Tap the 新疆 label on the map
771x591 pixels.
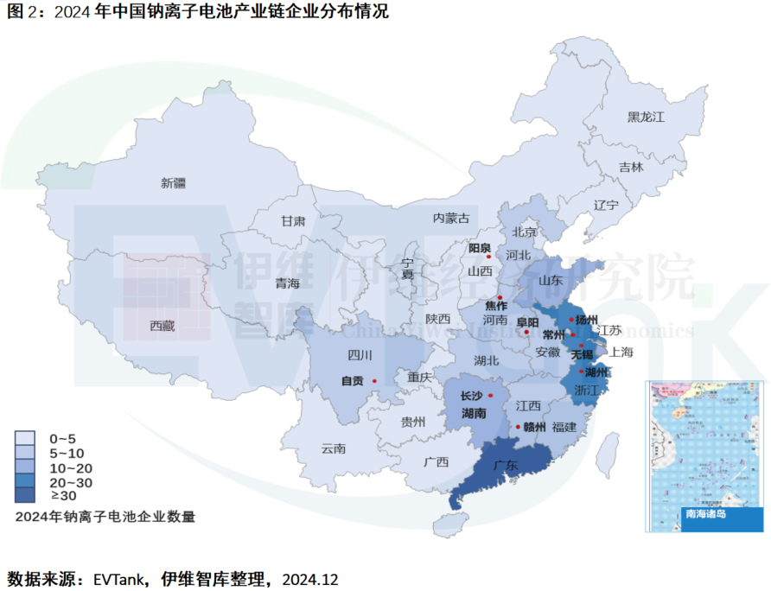[x=173, y=182]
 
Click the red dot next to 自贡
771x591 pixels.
[x=374, y=380]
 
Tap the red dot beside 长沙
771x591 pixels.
[x=490, y=395]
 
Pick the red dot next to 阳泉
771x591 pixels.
[x=488, y=257]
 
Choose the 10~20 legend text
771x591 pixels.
[x=71, y=467]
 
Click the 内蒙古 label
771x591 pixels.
[x=451, y=218]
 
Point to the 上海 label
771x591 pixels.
[x=621, y=352]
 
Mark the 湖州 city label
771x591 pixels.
[x=597, y=372]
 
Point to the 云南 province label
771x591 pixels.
[x=334, y=448]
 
